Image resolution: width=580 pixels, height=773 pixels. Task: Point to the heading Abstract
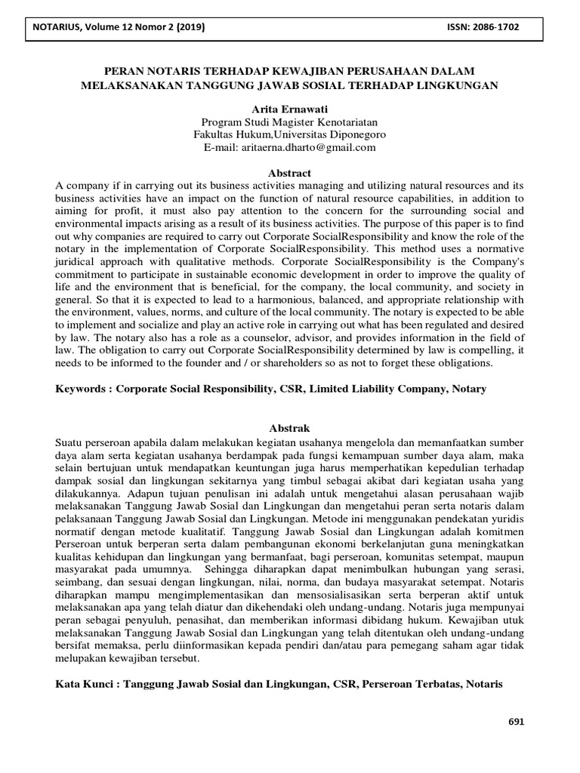coord(290,173)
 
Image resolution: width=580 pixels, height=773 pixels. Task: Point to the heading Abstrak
coord(290,428)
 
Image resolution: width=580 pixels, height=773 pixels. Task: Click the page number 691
coord(515,721)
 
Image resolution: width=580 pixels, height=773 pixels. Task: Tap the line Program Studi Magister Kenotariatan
coord(290,122)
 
